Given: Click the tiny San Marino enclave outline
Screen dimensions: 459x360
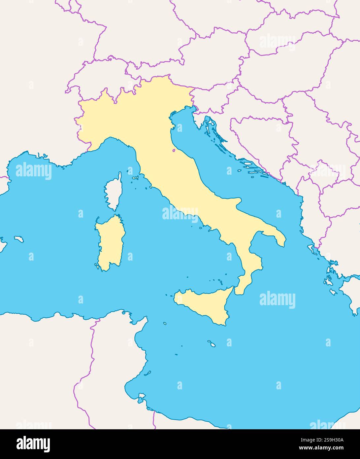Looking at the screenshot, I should [174, 151].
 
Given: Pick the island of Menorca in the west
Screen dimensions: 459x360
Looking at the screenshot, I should [18, 238].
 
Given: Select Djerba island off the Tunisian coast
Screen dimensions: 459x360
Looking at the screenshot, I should [142, 396].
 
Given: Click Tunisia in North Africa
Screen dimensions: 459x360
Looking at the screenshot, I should [112, 363].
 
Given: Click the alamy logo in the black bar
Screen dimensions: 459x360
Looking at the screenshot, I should [33, 443].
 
